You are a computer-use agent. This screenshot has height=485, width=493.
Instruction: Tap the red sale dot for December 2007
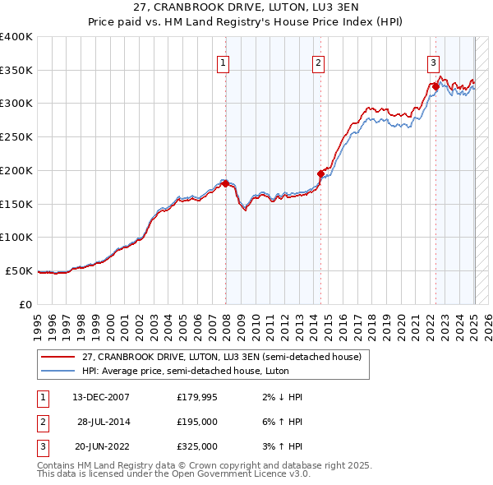coord(225,183)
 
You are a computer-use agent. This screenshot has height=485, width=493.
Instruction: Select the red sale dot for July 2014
coord(321,173)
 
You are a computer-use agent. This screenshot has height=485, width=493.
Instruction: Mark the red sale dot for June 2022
coord(435,86)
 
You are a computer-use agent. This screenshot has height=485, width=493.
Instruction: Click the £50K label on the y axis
coord(20,270)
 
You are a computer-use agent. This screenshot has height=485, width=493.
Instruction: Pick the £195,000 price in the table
coord(197,422)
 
